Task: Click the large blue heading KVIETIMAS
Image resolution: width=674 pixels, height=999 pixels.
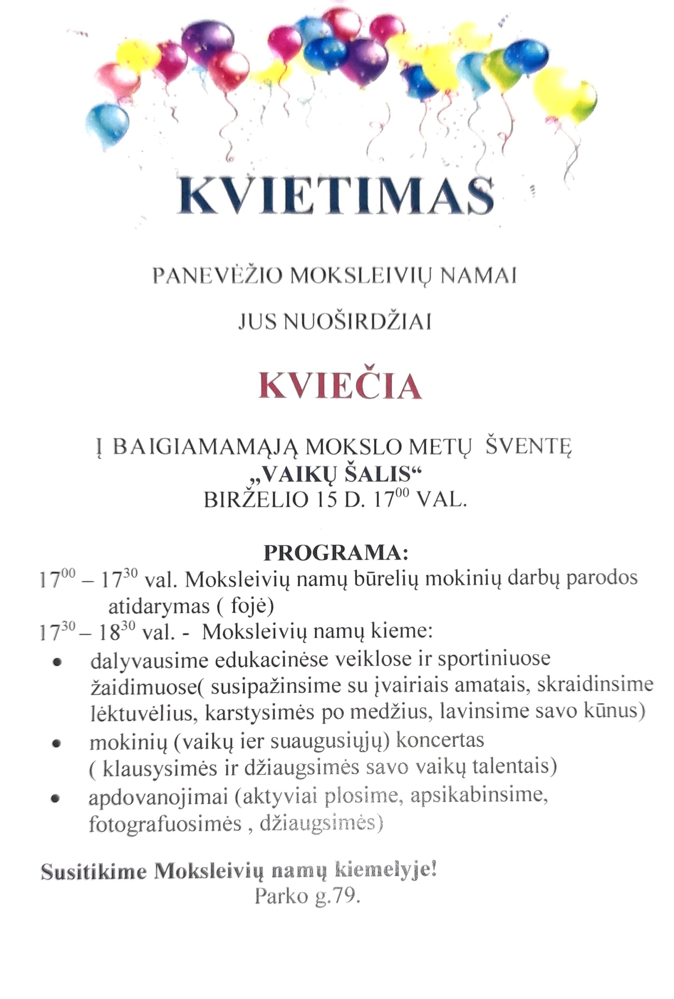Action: pyautogui.click(x=336, y=195)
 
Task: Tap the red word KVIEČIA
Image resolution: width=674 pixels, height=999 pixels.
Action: pyautogui.click(x=340, y=386)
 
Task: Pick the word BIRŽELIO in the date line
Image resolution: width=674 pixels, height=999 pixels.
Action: pyautogui.click(x=256, y=501)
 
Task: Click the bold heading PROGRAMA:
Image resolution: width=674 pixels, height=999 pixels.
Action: pyautogui.click(x=335, y=553)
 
